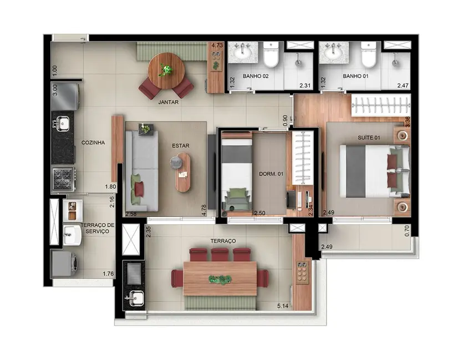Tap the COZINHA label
(x=93, y=142)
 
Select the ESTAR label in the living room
(x=180, y=146)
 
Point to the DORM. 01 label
(x=271, y=174)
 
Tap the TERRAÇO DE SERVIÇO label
(x=97, y=228)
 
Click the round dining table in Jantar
(x=166, y=70)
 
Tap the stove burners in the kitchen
(x=63, y=179)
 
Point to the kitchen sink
(x=62, y=122)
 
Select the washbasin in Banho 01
(x=334, y=53)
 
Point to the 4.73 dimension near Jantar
(x=216, y=46)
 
